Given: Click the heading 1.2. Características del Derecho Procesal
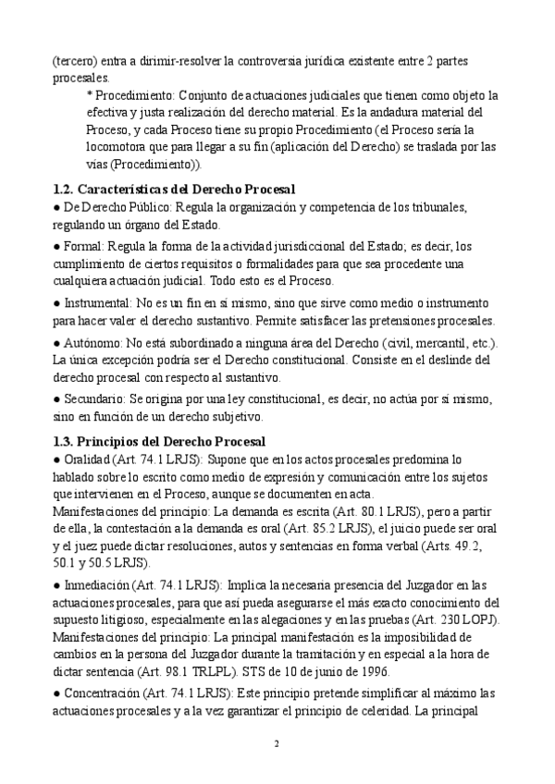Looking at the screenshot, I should coord(174,189).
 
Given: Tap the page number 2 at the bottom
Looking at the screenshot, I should coord(277,743).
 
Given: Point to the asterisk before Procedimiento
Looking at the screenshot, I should coord(89,95).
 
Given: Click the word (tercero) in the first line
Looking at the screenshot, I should coord(78,60).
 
